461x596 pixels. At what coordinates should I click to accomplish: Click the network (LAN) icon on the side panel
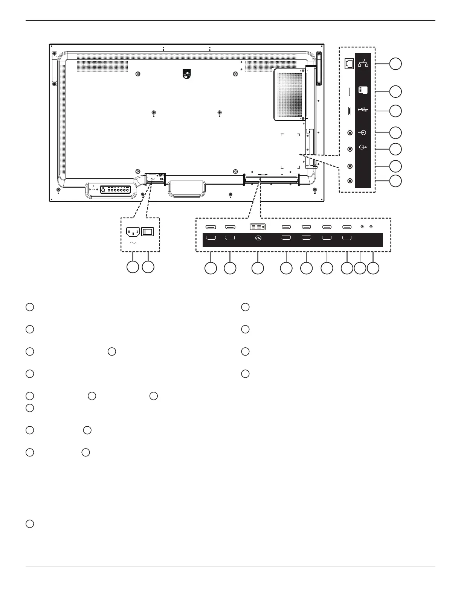(363, 63)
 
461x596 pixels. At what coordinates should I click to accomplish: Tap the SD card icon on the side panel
(363, 91)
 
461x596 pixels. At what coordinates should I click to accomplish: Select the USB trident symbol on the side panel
(363, 110)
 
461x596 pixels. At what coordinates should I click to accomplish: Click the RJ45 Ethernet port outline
(349, 64)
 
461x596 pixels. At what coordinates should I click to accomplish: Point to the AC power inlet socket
(133, 231)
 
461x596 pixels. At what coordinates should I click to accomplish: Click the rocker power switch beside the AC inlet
(147, 231)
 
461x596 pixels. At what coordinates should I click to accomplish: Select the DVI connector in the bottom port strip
(258, 227)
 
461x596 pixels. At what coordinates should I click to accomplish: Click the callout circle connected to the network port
(395, 64)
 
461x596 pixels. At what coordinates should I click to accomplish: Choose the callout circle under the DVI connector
(258, 268)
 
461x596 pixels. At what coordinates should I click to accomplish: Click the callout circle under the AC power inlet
(132, 267)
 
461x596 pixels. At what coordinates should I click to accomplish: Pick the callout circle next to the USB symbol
(395, 111)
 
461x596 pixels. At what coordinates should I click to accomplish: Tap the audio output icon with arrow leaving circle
(363, 147)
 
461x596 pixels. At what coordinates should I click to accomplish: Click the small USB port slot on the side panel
(349, 111)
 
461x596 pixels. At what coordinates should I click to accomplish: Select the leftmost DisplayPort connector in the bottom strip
(211, 227)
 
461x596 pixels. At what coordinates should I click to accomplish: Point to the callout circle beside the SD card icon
(395, 91)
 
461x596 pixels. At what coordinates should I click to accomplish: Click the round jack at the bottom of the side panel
(350, 181)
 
